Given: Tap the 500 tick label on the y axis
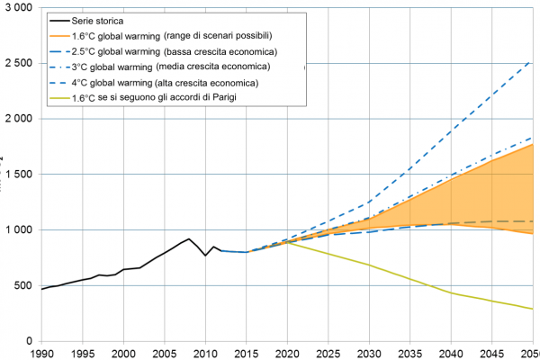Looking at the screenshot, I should (x=22, y=285).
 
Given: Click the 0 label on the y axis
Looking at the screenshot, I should (x=29, y=341).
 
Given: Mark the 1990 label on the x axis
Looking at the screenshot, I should (x=41, y=353).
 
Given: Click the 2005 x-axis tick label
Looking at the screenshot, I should (x=165, y=353).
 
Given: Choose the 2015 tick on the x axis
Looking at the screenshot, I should (x=247, y=353).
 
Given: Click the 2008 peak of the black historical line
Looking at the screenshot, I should (x=189, y=239).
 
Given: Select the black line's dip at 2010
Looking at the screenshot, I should (x=205, y=256).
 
